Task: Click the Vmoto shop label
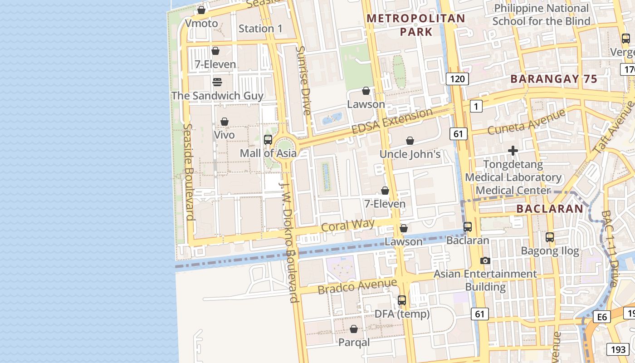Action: tap(201, 23)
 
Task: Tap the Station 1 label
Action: tap(260, 29)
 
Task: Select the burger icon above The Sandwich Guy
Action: tap(217, 82)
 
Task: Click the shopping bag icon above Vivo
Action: tap(224, 122)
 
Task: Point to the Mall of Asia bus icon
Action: tap(268, 139)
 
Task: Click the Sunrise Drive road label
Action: tap(303, 80)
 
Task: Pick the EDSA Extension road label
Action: tap(392, 121)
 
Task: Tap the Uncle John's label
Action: tap(410, 154)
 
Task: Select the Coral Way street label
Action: tap(347, 225)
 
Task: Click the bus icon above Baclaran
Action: tap(468, 226)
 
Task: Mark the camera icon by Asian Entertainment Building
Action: tap(485, 260)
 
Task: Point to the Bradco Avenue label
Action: tap(357, 286)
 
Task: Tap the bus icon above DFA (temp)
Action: tap(402, 300)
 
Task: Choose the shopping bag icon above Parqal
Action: tap(354, 329)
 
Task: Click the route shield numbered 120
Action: tap(457, 79)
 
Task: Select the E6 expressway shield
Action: tap(601, 317)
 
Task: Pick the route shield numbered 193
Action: tap(617, 349)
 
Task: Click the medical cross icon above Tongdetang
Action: tap(513, 151)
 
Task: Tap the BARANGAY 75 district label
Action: tap(554, 79)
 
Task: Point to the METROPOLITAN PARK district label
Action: tap(416, 25)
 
